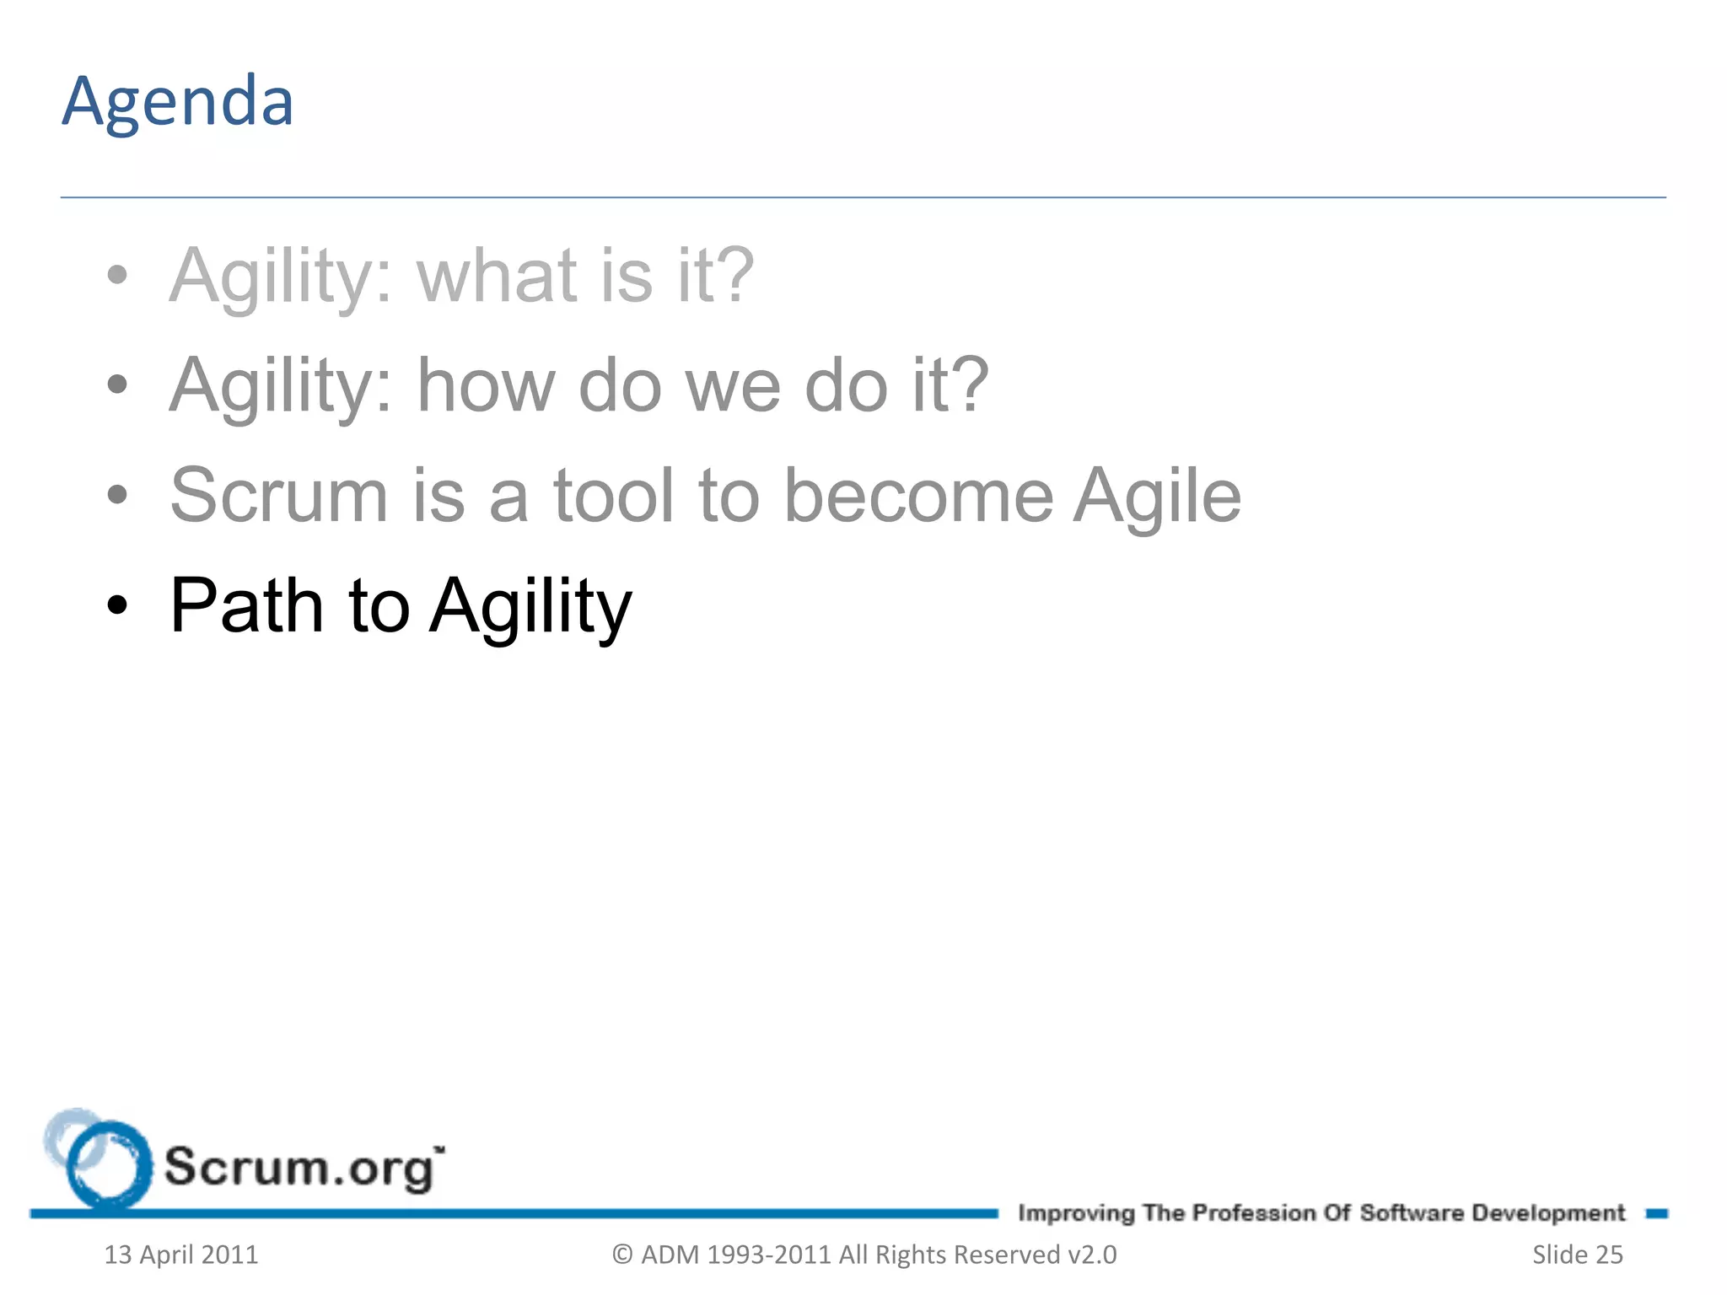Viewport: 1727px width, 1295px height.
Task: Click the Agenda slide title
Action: tap(178, 102)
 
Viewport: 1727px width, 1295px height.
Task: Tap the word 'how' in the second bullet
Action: tap(487, 385)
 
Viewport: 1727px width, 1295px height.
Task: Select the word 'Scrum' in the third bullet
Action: tap(279, 496)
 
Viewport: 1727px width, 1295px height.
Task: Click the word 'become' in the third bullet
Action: tap(918, 496)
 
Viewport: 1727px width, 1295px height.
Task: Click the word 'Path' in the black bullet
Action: tap(246, 605)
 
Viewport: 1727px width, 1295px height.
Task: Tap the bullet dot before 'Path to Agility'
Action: tap(118, 605)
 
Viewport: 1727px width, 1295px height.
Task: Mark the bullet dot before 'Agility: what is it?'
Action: tap(118, 275)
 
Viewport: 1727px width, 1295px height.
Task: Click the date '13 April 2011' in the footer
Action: tap(180, 1255)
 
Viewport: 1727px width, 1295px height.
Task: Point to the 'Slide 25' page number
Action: tap(1577, 1255)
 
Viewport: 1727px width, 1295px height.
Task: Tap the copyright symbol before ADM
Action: tap(622, 1255)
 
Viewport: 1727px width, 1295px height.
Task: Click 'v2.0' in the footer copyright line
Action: tap(1092, 1255)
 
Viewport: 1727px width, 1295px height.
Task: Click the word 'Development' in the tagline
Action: tap(1548, 1212)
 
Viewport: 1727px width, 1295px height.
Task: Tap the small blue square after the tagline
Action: tap(1656, 1213)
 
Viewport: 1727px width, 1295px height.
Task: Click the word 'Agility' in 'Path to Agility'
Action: tap(530, 607)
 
